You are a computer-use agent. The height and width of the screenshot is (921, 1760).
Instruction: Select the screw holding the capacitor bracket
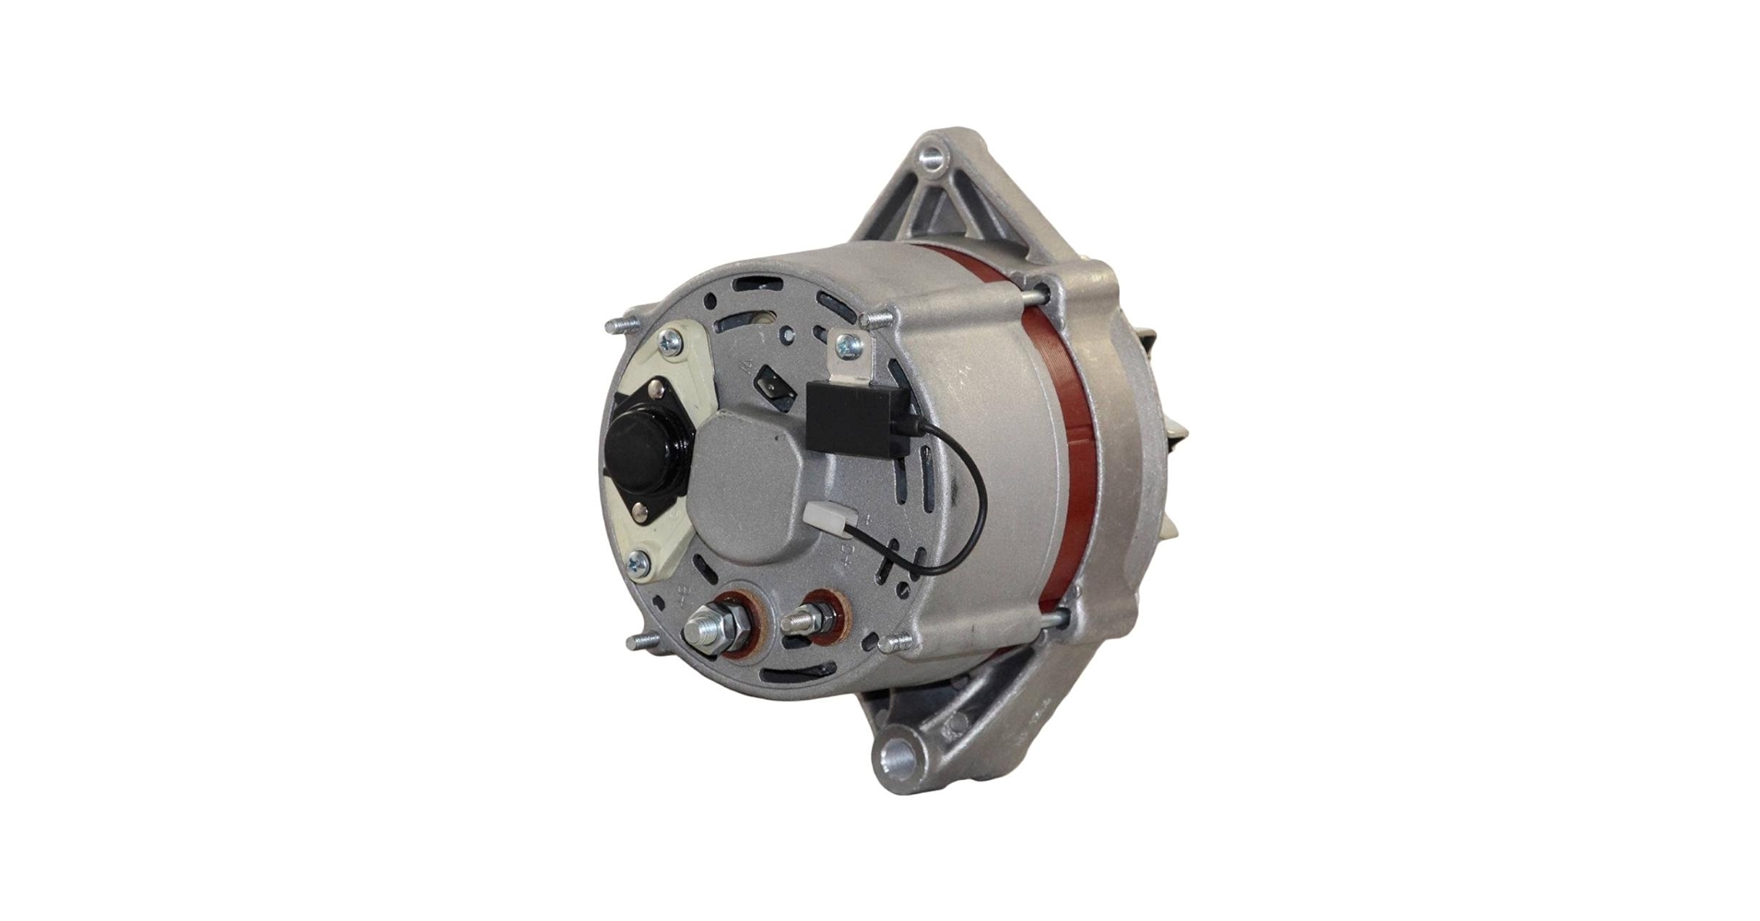[847, 345]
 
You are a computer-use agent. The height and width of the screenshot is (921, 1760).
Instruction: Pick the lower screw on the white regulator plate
[637, 562]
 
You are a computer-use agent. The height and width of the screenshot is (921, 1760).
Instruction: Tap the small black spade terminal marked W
[774, 387]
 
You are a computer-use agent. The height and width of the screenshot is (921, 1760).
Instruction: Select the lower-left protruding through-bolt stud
[642, 640]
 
